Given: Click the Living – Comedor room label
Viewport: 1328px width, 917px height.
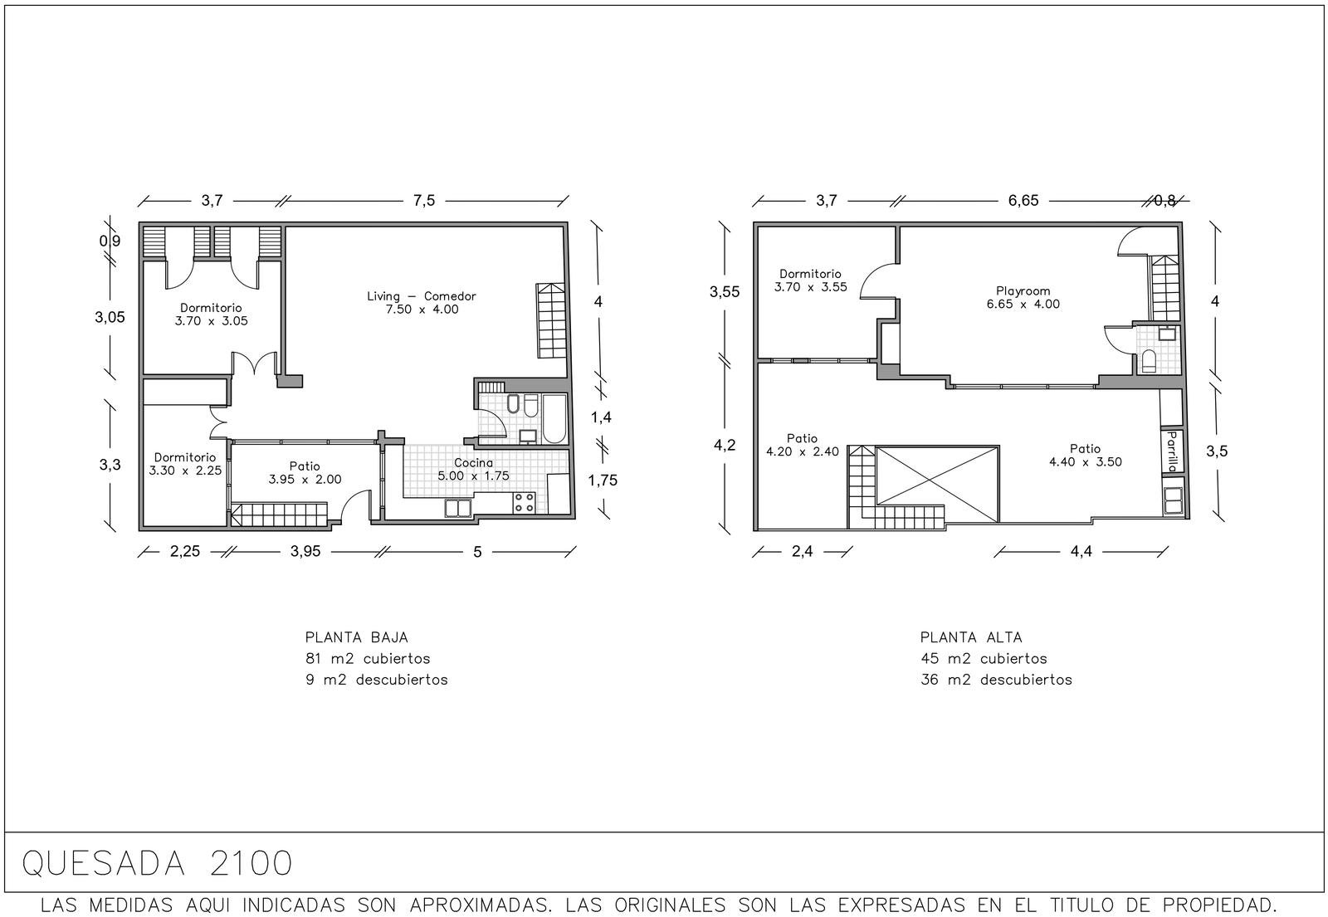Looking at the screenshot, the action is coord(422,302).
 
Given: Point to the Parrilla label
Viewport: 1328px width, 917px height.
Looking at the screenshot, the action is coord(1171,451).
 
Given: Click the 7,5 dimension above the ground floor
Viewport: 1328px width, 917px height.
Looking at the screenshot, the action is coord(424,201).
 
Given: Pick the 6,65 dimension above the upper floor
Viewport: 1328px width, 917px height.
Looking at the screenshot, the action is coord(1023,201).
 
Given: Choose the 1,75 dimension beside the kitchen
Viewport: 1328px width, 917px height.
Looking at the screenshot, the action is coord(603,480).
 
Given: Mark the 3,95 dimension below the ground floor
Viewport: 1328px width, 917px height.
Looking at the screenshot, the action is coord(305,552).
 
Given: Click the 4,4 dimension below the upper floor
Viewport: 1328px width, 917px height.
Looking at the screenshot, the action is coord(1081,552).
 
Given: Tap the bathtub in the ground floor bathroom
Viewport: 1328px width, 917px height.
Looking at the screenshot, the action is coord(554,418).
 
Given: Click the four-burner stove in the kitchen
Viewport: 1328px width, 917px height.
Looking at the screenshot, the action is coord(524,503).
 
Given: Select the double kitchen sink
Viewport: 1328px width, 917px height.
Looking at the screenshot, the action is coord(458,508).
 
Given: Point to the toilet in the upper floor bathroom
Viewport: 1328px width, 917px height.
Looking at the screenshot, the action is coord(1149,361).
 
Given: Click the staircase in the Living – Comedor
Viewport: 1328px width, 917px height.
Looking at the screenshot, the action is coord(551,320).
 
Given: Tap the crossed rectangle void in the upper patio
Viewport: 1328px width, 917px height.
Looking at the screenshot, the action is coord(937,484).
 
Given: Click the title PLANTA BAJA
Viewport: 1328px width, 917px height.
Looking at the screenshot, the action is coord(357,638).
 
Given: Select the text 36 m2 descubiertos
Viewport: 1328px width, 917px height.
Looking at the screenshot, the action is coord(996,680).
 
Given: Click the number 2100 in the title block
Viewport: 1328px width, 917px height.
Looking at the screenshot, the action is coord(251,864).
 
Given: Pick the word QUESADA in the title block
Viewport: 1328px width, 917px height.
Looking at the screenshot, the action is coord(104,864).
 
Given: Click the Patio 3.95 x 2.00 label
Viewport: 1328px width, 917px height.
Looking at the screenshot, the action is coord(305,473).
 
